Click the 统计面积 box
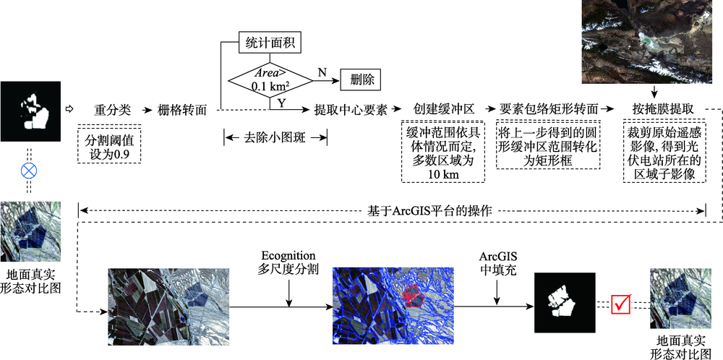[x=269, y=42]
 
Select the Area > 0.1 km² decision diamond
[x=269, y=80]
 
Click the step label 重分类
[x=113, y=110]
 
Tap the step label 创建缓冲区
[x=443, y=110]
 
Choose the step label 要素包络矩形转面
[x=550, y=110]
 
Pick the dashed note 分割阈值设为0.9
[x=110, y=145]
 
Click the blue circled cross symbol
[x=28, y=172]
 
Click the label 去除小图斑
[x=275, y=137]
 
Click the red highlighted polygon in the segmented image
[x=412, y=295]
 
